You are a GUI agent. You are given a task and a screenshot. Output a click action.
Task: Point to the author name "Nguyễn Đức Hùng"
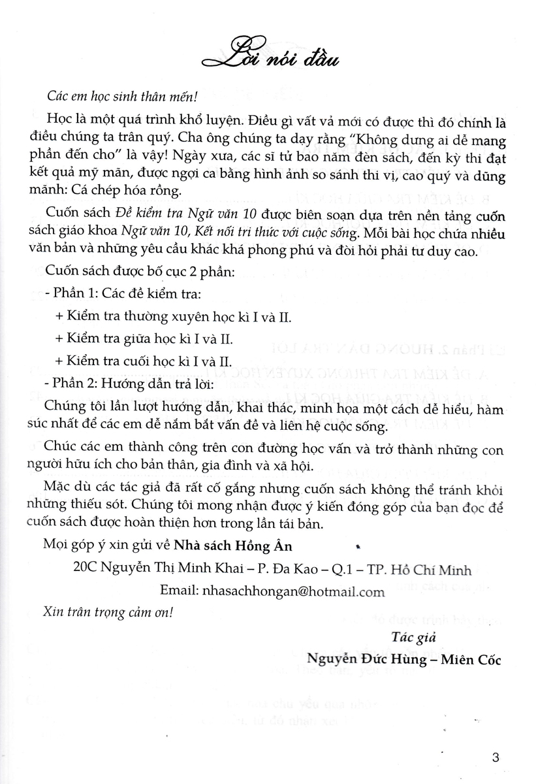click(362, 660)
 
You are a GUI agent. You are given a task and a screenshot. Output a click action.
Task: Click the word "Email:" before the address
click(180, 591)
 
